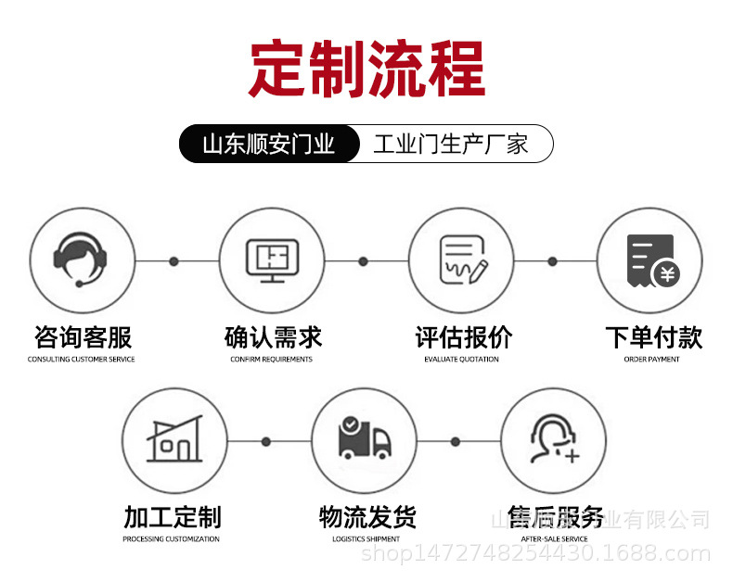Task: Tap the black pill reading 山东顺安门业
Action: [269, 144]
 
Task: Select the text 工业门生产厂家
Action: [451, 144]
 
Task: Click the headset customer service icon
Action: [82, 259]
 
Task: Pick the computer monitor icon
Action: [272, 259]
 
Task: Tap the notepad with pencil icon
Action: [462, 259]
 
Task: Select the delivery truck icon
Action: [365, 440]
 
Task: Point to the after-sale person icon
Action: [554, 440]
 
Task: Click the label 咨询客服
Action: [82, 337]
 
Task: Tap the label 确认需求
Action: [272, 337]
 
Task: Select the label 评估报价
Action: [462, 337]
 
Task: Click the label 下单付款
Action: [652, 337]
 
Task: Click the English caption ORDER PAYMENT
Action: [651, 360]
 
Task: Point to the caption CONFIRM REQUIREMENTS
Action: [272, 360]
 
